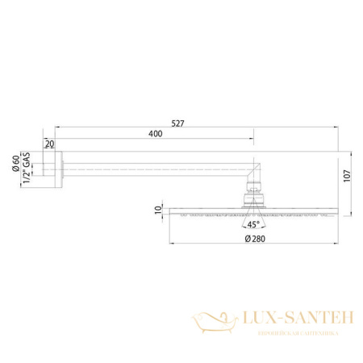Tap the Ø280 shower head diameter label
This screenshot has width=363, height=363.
[x=256, y=240]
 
